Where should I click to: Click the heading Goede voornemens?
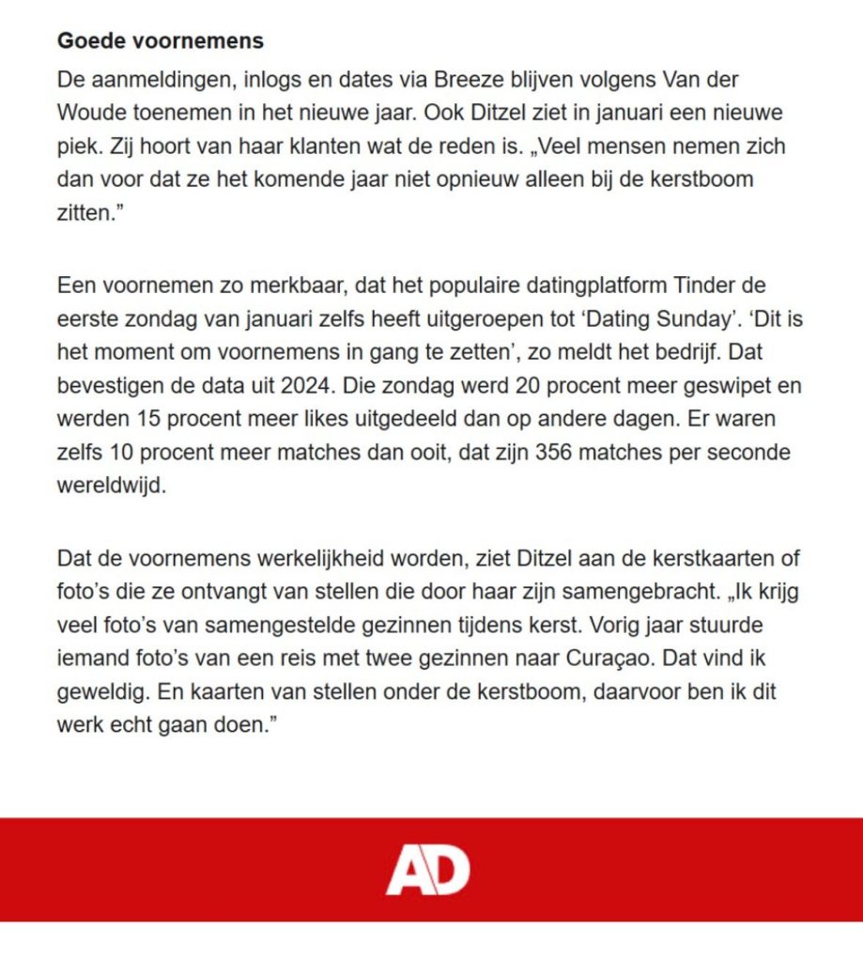[x=160, y=41]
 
